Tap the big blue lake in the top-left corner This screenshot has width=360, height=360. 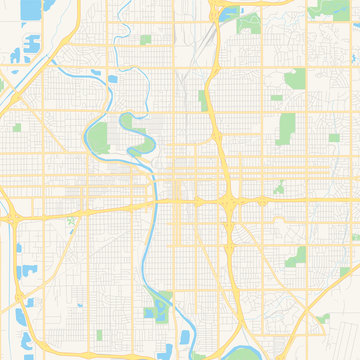(x=30, y=9)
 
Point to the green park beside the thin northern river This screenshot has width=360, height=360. (x=145, y=40)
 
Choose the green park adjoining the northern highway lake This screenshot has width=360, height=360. (x=246, y=19)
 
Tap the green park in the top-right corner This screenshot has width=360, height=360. (x=324, y=10)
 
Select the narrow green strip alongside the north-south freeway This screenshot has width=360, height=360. (x=204, y=101)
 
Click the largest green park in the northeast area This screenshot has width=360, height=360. (x=288, y=126)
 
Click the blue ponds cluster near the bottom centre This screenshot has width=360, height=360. (x=156, y=309)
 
